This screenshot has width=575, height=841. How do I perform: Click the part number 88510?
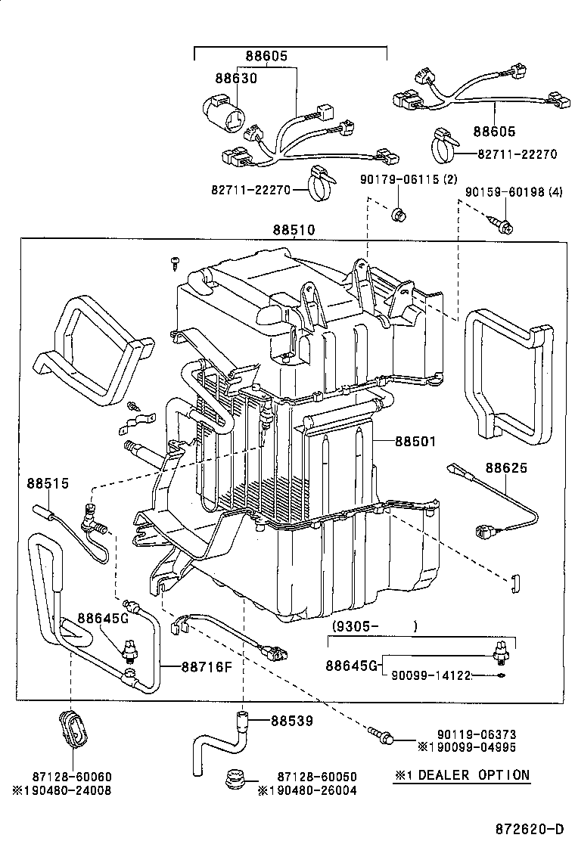(294, 230)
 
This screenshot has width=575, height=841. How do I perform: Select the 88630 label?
(236, 78)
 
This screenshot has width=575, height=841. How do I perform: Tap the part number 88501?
(414, 441)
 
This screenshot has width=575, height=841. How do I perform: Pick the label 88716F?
(206, 666)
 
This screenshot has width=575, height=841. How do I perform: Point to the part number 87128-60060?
(71, 777)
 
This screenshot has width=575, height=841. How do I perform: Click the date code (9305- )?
(375, 626)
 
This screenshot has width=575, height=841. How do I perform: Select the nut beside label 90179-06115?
(399, 215)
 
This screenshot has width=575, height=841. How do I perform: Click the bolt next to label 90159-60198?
(503, 223)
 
